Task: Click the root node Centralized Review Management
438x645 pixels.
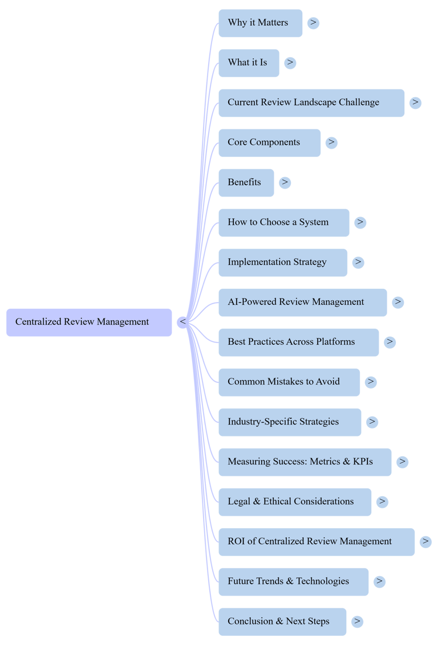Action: (88, 323)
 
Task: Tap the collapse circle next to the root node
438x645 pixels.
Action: (182, 323)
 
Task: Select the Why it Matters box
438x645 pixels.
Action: (260, 23)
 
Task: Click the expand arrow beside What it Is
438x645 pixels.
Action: (290, 63)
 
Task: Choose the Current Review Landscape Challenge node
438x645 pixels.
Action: (311, 103)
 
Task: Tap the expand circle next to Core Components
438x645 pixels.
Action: (331, 142)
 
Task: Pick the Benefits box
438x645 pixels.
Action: (246, 183)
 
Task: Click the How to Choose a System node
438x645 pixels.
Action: (283, 223)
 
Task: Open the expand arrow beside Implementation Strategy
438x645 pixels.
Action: (358, 262)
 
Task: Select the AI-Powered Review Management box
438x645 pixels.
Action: (302, 303)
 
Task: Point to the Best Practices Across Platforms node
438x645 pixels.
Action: (298, 342)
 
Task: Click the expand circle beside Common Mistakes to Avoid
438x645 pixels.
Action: (371, 382)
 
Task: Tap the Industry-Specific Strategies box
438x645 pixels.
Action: (289, 422)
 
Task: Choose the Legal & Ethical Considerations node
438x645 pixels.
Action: (294, 502)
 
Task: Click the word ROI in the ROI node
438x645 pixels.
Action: (236, 541)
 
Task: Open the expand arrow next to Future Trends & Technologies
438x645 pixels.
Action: (379, 582)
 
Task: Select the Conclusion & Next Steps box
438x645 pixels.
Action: (282, 622)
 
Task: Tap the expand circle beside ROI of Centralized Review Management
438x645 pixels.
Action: (425, 542)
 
